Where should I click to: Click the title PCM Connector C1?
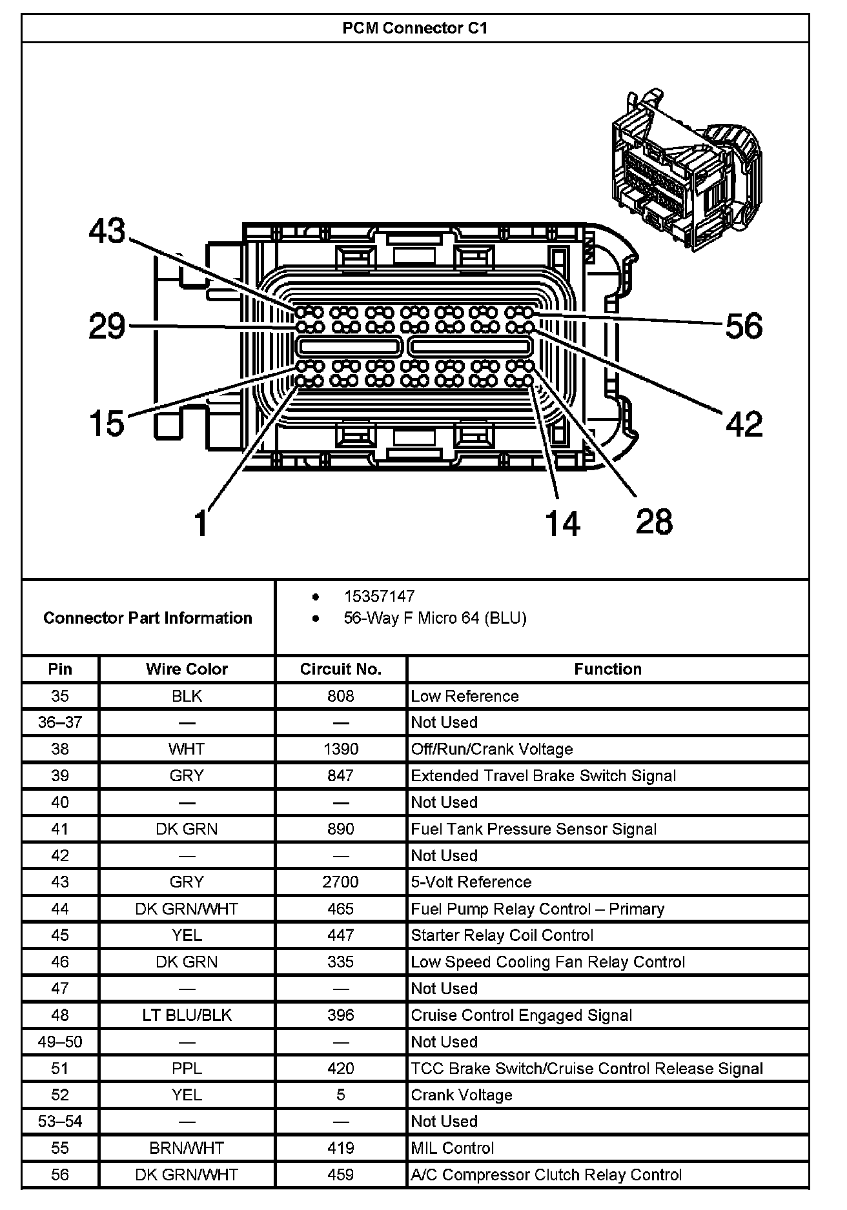pos(414,28)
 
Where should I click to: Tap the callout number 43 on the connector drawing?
pos(107,231)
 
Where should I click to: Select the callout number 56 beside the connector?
pos(744,326)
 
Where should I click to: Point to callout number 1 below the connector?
pos(201,522)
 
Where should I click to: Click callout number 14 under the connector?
pos(563,522)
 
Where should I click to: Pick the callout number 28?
pos(654,521)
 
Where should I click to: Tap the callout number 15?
pos(107,424)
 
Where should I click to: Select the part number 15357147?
pos(379,597)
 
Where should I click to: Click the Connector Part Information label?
pos(148,618)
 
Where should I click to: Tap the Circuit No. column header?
pos(341,669)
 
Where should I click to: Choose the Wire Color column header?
pos(187,669)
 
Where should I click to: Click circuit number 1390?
pos(341,749)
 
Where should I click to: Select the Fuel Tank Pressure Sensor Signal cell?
pos(533,829)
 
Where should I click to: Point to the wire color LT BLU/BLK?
pos(187,1015)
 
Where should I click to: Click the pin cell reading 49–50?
pos(60,1042)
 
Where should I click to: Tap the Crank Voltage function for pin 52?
pos(462,1095)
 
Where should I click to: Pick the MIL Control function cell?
pos(452,1148)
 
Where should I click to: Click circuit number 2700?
pos(341,882)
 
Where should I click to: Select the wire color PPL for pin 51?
pos(187,1069)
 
